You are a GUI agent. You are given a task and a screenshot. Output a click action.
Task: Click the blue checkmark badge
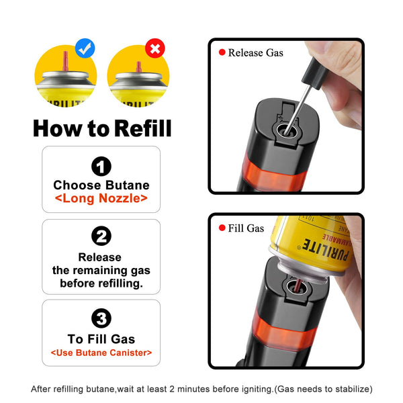pos(85,48)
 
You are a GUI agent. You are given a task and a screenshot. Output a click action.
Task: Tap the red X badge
pos(155,48)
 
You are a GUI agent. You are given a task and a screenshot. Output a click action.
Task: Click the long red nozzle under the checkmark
pos(65,61)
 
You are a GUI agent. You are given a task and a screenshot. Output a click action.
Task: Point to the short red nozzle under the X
pos(139,67)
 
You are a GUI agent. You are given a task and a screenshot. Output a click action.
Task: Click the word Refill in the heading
pos(143,128)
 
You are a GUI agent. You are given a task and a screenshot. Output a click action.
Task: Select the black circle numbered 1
pos(101,167)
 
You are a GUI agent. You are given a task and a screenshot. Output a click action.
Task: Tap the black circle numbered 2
pos(101,236)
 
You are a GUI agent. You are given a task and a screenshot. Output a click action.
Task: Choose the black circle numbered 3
pos(101,318)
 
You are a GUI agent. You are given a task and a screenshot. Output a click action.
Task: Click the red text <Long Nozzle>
pos(101,198)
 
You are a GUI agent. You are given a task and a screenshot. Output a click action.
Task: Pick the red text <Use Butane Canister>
pos(101,353)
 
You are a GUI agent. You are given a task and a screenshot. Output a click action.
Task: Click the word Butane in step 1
pos(127,185)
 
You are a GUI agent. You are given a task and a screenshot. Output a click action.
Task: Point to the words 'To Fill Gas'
pos(101,339)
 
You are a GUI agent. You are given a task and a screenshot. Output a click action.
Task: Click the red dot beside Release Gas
pos(222,52)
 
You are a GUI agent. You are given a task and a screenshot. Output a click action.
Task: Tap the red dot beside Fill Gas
pos(222,228)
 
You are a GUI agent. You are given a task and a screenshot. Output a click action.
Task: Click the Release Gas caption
pos(256,53)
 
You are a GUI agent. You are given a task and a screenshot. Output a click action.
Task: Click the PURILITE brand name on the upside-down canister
pos(325,251)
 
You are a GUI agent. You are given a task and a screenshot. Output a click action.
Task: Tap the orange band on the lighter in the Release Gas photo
pos(273,173)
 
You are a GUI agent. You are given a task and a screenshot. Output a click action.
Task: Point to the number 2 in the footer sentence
pos(172,389)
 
